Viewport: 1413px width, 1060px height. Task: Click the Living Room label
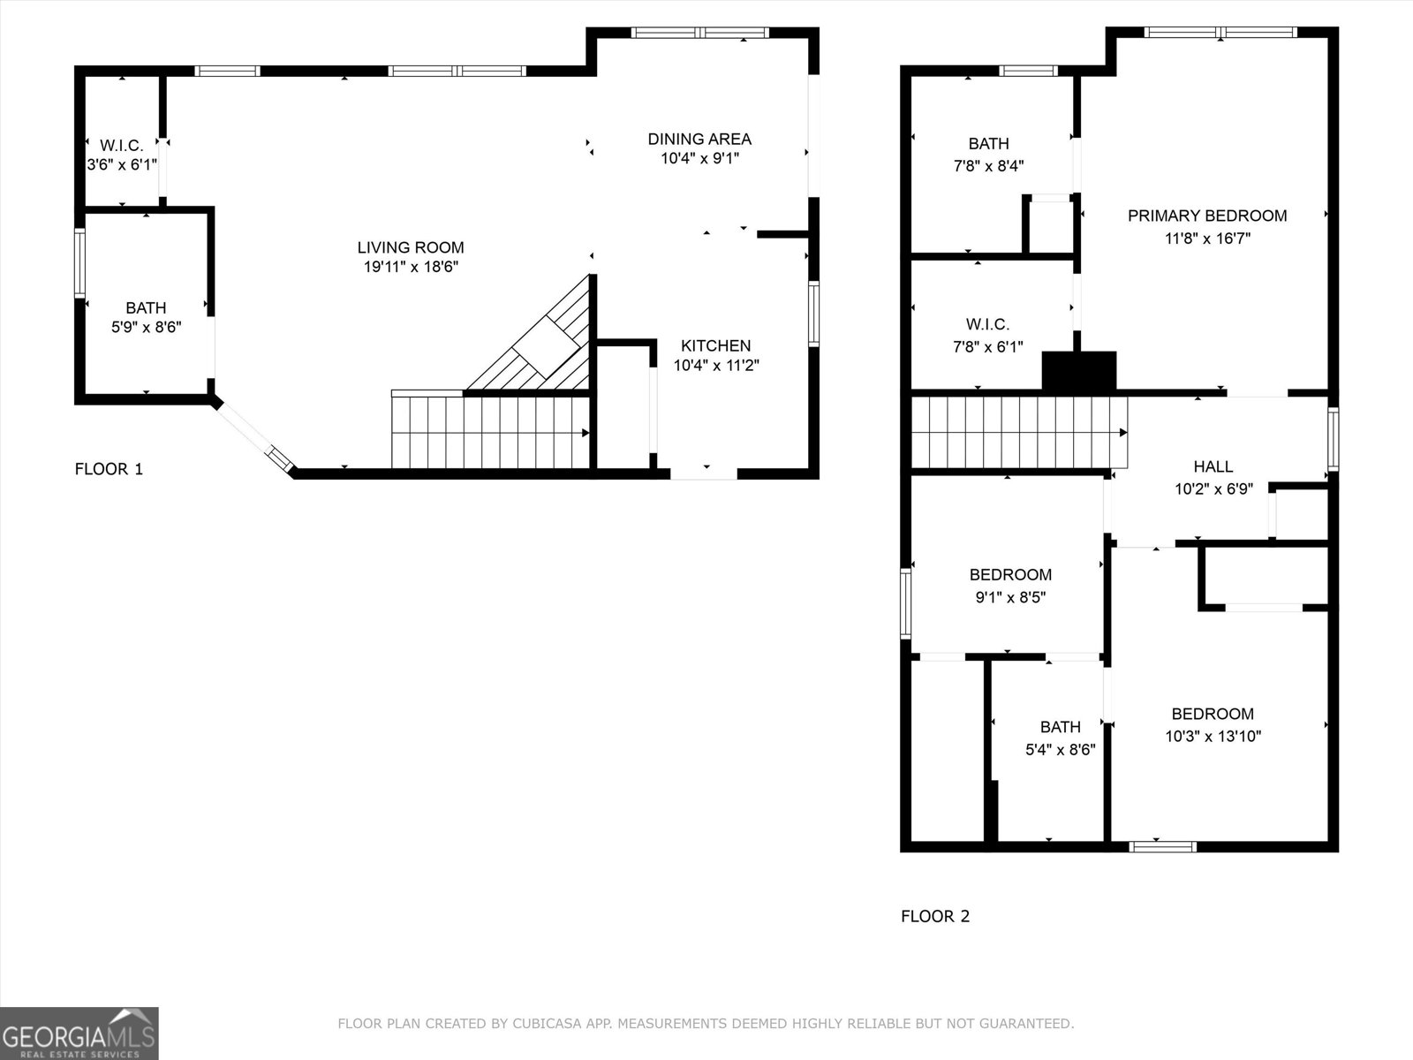point(411,247)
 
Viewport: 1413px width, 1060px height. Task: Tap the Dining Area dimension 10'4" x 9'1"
point(699,159)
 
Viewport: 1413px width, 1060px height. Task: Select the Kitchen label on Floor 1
point(715,345)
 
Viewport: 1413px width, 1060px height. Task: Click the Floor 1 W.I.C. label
point(121,146)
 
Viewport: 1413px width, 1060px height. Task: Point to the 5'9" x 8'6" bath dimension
point(146,328)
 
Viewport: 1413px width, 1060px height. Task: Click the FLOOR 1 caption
point(109,469)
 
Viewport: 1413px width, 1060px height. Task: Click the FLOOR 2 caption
point(935,916)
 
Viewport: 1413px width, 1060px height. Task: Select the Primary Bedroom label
point(1207,216)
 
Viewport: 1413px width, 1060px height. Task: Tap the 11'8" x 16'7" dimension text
point(1207,238)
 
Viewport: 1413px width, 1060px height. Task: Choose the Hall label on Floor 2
point(1213,466)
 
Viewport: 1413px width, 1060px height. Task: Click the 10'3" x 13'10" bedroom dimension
point(1213,736)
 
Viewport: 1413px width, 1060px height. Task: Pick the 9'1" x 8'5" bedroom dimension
point(1010,597)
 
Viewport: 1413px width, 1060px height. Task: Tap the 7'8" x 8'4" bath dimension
point(988,165)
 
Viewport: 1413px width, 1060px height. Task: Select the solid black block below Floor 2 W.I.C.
point(1079,371)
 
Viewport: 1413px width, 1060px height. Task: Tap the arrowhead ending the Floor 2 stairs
point(1123,433)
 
